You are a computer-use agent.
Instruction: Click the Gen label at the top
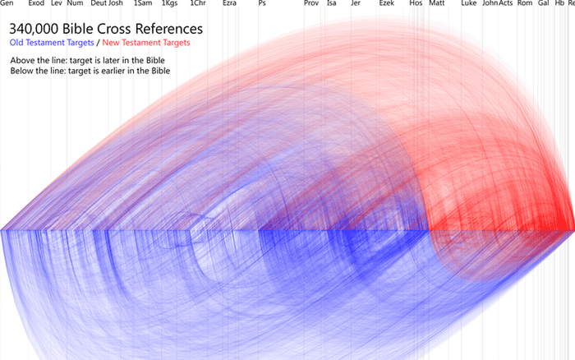pyautogui.click(x=7, y=4)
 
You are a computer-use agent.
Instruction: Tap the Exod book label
pyautogui.click(x=36, y=4)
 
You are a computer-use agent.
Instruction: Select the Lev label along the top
pyautogui.click(x=57, y=4)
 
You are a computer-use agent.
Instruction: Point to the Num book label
pyautogui.click(x=75, y=4)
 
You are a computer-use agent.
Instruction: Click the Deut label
pyautogui.click(x=99, y=4)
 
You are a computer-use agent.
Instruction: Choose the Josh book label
pyautogui.click(x=116, y=4)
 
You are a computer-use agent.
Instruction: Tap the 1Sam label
pyautogui.click(x=141, y=4)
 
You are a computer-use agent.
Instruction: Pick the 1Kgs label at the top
pyautogui.click(x=169, y=4)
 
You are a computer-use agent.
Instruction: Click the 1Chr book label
pyautogui.click(x=197, y=4)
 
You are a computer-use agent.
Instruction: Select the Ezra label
pyautogui.click(x=230, y=4)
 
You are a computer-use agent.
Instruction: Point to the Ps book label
pyautogui.click(x=261, y=4)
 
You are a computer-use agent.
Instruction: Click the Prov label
pyautogui.click(x=311, y=4)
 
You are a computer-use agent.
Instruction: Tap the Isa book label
pyautogui.click(x=331, y=4)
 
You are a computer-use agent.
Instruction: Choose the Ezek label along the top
pyautogui.click(x=387, y=4)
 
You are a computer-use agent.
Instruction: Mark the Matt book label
pyautogui.click(x=436, y=4)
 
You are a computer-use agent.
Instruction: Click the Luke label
pyautogui.click(x=469, y=4)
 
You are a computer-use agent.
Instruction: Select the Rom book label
pyautogui.click(x=524, y=4)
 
